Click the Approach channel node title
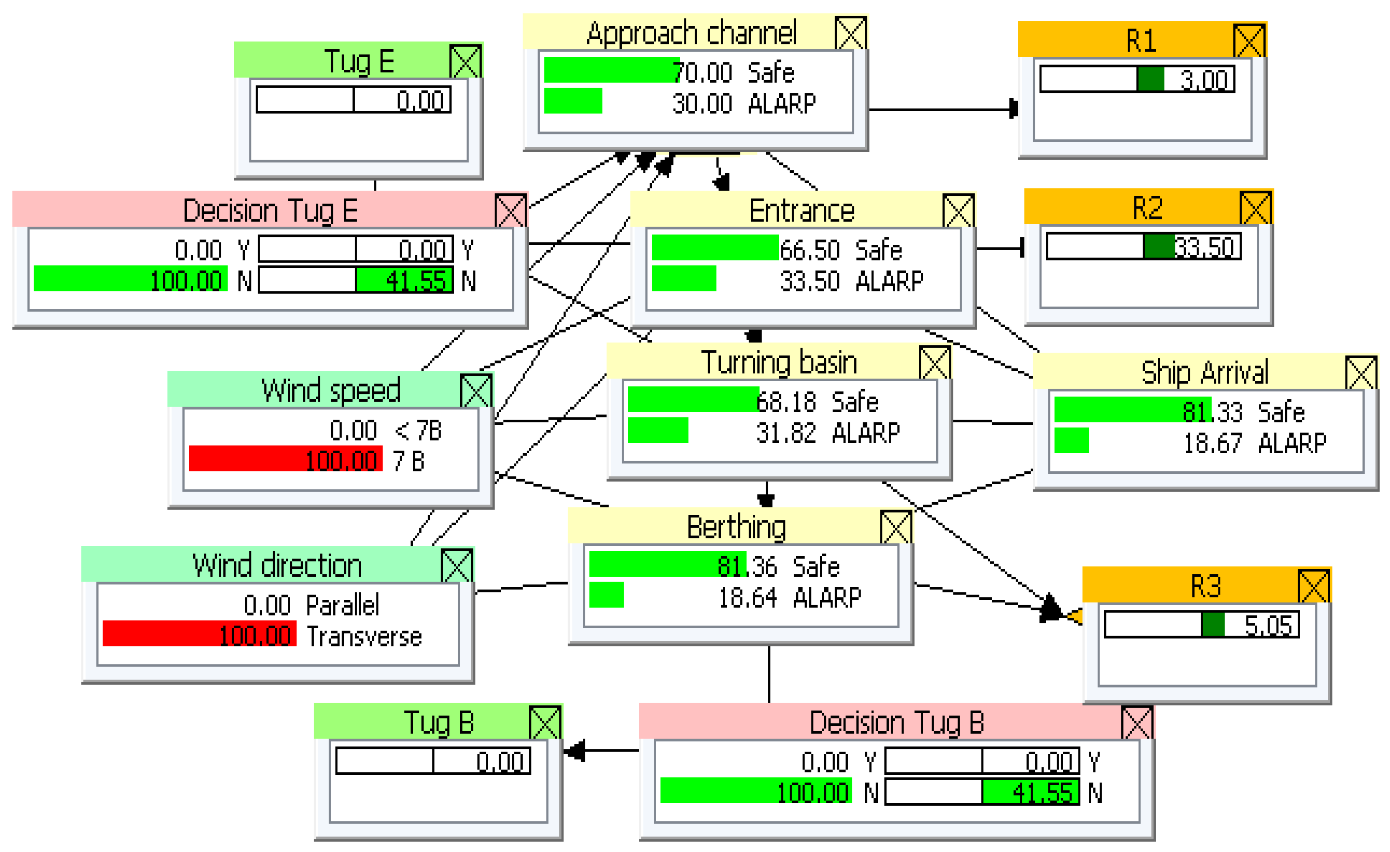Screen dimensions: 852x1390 coord(691,33)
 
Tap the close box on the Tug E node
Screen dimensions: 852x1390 coord(466,62)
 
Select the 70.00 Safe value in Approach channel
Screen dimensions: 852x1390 coord(702,73)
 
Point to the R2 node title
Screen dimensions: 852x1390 coord(1147,208)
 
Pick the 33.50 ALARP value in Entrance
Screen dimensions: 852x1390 coord(809,281)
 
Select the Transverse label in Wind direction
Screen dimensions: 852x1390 coord(364,636)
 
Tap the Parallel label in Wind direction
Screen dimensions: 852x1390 coord(342,606)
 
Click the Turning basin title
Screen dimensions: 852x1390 coord(778,362)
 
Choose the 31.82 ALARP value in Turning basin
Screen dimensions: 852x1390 coord(786,433)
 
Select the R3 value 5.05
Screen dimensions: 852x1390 coord(1267,625)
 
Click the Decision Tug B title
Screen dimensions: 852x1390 coord(896,722)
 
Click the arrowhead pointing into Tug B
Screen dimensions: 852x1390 coord(574,751)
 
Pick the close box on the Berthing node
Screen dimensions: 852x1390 coord(896,527)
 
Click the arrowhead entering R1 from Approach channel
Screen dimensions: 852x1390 coord(1013,109)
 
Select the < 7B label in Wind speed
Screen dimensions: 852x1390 coord(418,431)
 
